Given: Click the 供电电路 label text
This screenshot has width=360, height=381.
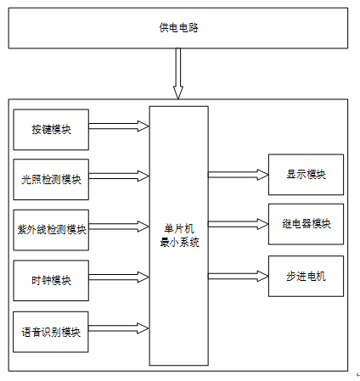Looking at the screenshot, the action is tap(178, 28).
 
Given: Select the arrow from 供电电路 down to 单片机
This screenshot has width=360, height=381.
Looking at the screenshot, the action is tap(178, 74).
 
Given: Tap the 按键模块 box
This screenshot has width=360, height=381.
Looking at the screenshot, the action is tap(51, 130).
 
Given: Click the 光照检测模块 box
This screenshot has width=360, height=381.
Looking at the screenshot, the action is tap(51, 179).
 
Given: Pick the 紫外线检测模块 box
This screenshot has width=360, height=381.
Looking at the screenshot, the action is tap(51, 230).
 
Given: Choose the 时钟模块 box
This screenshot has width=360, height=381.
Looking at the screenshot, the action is tap(51, 280).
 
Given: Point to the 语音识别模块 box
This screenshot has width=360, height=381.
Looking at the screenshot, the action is tap(51, 332).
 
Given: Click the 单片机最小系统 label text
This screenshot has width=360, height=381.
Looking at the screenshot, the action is tap(179, 236).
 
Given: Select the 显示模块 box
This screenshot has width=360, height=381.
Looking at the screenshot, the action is tap(306, 175).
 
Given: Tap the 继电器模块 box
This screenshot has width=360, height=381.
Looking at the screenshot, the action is tap(306, 224).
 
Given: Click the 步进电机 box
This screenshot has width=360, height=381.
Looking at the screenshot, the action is tap(306, 276).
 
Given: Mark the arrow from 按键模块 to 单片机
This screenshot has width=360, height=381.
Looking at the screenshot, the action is tap(119, 126).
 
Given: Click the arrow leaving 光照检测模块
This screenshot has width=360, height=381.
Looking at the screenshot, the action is tap(119, 176).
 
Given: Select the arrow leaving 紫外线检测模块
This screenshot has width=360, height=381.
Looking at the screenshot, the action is tap(119, 227).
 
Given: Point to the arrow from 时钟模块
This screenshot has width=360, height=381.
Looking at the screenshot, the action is tap(119, 277).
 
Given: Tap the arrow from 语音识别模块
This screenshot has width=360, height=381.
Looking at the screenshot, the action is tap(119, 328).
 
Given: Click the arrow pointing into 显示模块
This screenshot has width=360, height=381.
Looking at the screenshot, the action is tap(239, 175).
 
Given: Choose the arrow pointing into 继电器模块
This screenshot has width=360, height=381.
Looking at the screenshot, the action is tap(239, 224).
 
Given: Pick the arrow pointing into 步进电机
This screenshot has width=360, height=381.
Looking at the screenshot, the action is tap(239, 276).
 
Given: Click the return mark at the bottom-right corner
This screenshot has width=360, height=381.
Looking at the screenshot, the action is tap(358, 375).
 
